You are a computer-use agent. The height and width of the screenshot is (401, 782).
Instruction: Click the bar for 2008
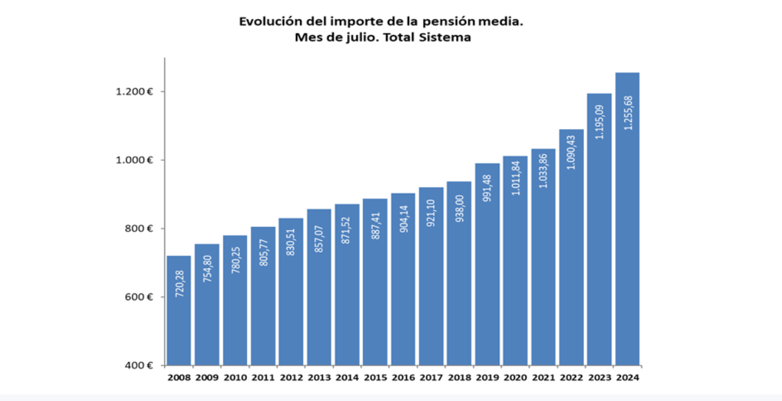[x=179, y=311]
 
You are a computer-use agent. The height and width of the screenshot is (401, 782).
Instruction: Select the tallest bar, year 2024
[x=627, y=218]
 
